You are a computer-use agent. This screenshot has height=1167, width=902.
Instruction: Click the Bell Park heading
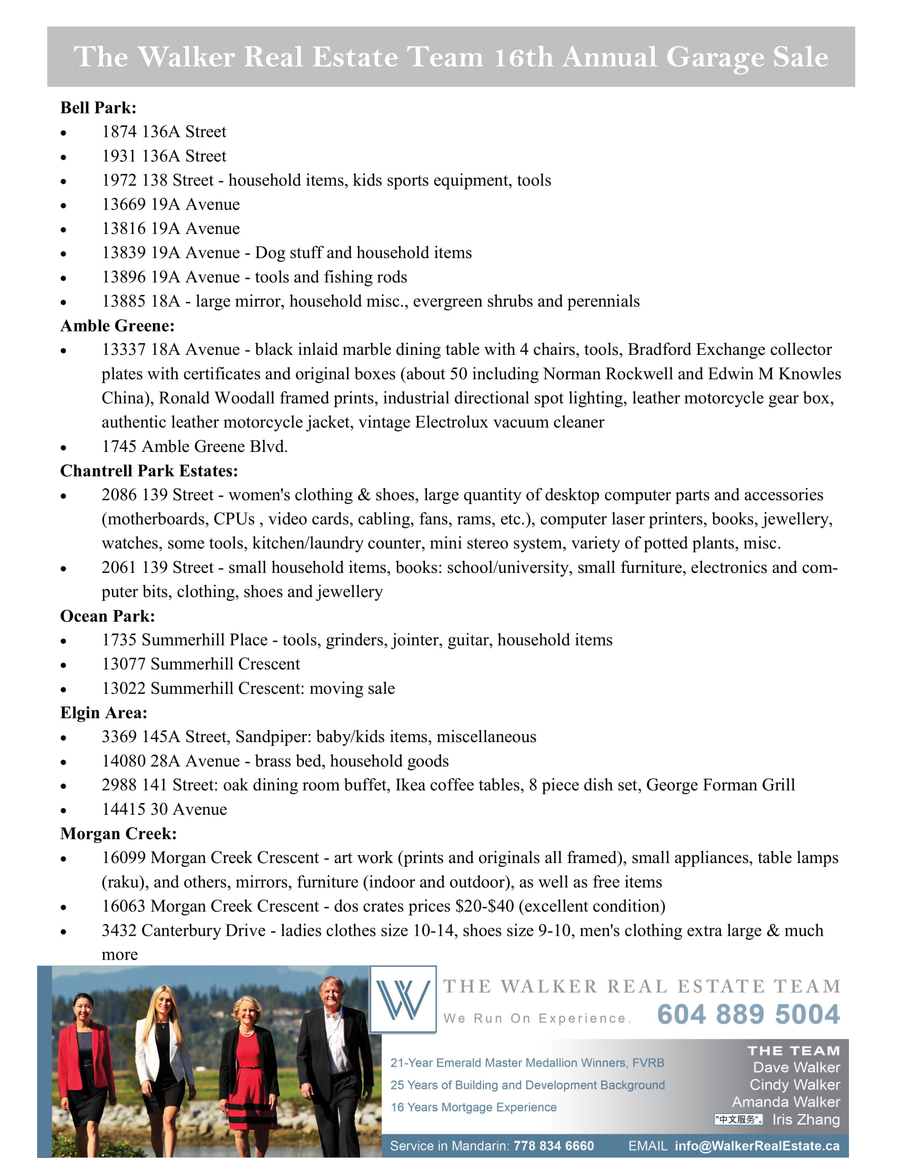tap(98, 108)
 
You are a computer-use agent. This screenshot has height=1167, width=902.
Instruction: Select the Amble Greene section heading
tap(117, 325)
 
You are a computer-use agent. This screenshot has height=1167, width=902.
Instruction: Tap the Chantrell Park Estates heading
tap(149, 471)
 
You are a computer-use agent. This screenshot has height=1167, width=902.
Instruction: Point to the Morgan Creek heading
tap(118, 833)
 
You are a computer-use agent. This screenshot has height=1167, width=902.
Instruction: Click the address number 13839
tap(124, 252)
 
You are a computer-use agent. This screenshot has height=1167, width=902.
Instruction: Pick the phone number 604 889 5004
tap(748, 1015)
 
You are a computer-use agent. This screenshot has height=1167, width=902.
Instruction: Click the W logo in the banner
tap(403, 999)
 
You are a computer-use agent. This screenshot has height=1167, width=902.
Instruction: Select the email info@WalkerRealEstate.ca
tap(757, 1146)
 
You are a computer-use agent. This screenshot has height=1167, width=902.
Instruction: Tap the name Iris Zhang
tap(806, 1119)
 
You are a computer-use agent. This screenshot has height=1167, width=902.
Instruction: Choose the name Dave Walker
tap(796, 1068)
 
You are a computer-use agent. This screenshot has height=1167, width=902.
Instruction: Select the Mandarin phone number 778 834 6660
tap(553, 1146)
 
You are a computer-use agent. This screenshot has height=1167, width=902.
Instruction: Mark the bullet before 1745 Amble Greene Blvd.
tap(64, 448)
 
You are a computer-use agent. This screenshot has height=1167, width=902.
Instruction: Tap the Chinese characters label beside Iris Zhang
tap(739, 1119)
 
